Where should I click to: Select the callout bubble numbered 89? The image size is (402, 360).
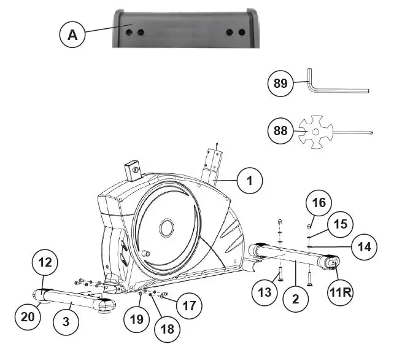[280, 84]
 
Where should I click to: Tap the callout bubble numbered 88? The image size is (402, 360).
[281, 130]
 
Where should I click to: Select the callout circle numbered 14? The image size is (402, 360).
[364, 246]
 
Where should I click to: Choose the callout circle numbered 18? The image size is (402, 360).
[166, 329]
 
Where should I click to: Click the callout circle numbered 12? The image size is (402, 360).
[47, 262]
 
